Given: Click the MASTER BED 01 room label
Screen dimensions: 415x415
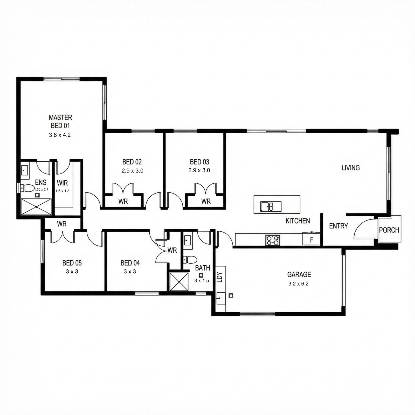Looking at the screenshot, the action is pyautogui.click(x=60, y=121).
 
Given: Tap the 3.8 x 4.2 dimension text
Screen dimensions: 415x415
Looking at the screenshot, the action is pyautogui.click(x=60, y=135).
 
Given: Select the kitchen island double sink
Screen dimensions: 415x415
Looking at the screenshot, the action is pyautogui.click(x=271, y=207).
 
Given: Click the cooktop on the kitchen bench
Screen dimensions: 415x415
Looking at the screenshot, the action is pyautogui.click(x=273, y=240).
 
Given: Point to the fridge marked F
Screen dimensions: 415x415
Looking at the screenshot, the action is pyautogui.click(x=311, y=239).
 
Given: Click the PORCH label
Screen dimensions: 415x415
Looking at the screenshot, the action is pyautogui.click(x=389, y=230).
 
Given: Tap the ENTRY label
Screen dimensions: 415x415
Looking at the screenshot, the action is pyautogui.click(x=338, y=226).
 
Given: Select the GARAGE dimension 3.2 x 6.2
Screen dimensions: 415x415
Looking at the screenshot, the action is pyautogui.click(x=299, y=284).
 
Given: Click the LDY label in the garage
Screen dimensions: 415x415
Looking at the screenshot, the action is pyautogui.click(x=220, y=277).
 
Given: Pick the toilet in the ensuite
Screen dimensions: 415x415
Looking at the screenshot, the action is pyautogui.click(x=27, y=188).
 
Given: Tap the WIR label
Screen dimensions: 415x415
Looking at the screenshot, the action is pyautogui.click(x=62, y=183).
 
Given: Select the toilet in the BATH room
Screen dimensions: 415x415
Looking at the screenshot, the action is pyautogui.click(x=190, y=259).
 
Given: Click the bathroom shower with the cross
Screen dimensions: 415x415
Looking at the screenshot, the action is pyautogui.click(x=179, y=282).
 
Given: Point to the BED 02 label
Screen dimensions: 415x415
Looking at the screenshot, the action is pyautogui.click(x=132, y=162).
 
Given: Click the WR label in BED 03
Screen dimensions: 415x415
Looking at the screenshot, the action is pyautogui.click(x=206, y=201).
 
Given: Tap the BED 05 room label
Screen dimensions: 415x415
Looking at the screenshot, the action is pyautogui.click(x=72, y=263).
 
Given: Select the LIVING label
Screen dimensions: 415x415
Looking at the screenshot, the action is pyautogui.click(x=351, y=168).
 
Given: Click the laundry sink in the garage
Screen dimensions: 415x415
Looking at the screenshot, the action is pyautogui.click(x=220, y=298).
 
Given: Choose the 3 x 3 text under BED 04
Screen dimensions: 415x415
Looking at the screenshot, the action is pyautogui.click(x=130, y=272).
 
